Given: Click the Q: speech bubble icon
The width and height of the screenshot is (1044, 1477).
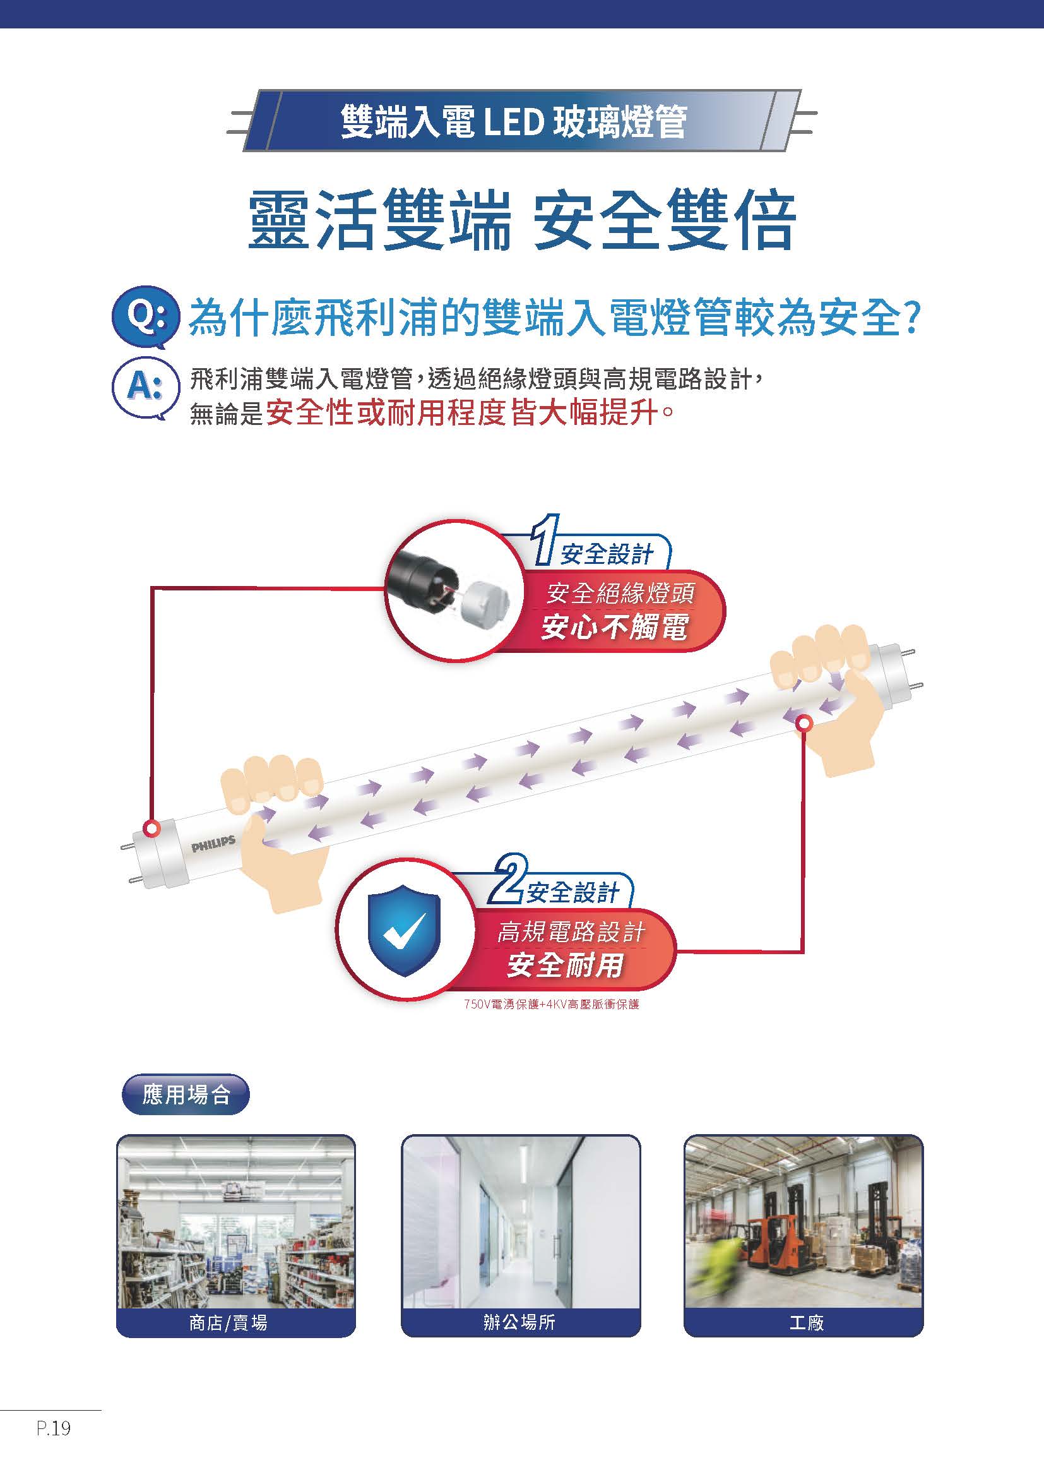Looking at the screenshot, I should (x=144, y=315).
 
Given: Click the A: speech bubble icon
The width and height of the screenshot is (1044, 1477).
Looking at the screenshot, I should (x=145, y=387).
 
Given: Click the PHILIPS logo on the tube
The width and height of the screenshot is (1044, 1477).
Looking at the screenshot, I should (x=213, y=844).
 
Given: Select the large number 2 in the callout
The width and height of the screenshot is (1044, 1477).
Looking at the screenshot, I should (x=508, y=879).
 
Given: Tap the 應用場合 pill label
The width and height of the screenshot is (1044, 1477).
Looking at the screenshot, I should (x=185, y=1094).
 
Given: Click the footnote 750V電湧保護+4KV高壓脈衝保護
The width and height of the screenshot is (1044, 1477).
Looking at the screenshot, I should (x=552, y=1004).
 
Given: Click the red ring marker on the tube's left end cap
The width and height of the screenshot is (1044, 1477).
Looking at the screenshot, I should (x=151, y=828).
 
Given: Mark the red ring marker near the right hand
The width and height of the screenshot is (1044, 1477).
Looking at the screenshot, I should (x=804, y=724).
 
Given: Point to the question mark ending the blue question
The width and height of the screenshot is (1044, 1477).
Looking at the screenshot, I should (x=910, y=318).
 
